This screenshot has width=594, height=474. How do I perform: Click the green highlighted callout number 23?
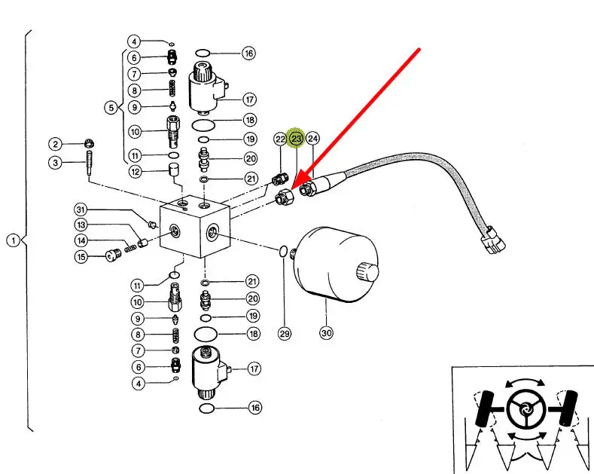[296, 139]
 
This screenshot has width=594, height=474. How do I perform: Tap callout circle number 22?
[280, 139]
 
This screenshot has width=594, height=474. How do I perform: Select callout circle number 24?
[312, 139]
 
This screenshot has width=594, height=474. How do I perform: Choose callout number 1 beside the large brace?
[13, 240]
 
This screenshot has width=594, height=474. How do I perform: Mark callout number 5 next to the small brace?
[111, 107]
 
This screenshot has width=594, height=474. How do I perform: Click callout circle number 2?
[55, 144]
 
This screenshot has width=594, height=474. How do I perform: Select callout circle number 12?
[135, 171]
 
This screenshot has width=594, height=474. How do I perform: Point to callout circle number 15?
[81, 257]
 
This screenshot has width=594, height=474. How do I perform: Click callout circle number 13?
[81, 225]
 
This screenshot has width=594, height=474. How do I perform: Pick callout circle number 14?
[81, 240]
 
